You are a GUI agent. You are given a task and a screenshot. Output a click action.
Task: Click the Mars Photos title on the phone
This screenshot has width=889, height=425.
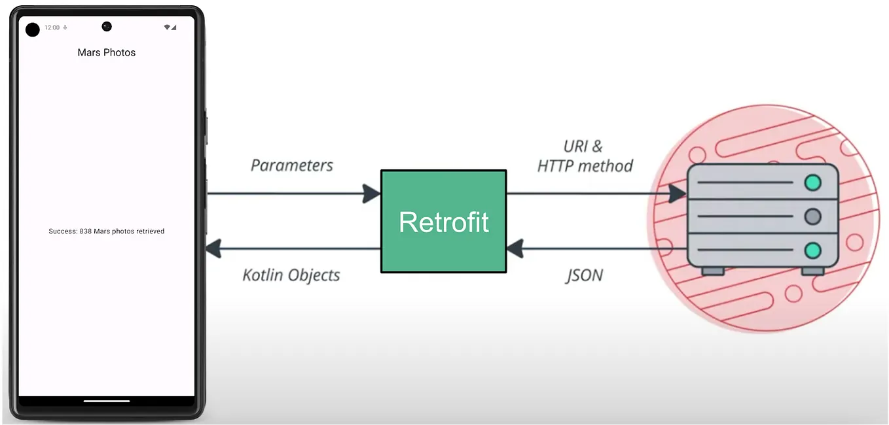[107, 52]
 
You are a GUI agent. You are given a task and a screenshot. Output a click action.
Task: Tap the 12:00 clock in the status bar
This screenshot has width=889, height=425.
[52, 27]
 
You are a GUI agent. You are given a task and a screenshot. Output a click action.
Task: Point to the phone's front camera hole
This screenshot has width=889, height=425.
[107, 26]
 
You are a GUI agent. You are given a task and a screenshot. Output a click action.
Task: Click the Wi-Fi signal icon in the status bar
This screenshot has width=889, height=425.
[168, 27]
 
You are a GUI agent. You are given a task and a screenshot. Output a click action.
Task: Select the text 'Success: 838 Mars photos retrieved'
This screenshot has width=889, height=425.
[107, 231]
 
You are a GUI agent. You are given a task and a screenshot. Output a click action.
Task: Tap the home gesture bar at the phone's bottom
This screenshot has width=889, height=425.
[107, 401]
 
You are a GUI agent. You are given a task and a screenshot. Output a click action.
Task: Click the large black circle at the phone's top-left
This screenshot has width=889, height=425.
[33, 29]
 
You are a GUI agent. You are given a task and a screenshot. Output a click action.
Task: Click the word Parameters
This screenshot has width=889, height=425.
[292, 165]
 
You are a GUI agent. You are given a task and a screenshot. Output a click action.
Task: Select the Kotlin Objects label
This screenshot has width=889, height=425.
[291, 275]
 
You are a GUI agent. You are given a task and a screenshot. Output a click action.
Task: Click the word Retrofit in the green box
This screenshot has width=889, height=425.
[444, 222]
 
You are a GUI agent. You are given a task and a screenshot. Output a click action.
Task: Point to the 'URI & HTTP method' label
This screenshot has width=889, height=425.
[585, 156]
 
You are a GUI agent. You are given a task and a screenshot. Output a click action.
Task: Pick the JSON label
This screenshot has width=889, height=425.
[584, 275]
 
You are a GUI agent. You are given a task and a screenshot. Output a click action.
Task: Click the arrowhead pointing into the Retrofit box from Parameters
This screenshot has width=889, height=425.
[371, 194]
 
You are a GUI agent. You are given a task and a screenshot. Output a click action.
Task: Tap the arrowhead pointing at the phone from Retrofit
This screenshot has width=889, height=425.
[215, 248]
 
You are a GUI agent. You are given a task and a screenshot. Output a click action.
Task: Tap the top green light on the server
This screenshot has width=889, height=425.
[812, 182]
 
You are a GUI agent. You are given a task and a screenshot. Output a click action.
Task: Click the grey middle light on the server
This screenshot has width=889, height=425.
[812, 216]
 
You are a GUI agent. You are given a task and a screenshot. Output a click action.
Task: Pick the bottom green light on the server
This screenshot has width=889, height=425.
[812, 250]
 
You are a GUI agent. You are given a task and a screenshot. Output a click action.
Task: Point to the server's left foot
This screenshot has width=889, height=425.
[713, 271]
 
